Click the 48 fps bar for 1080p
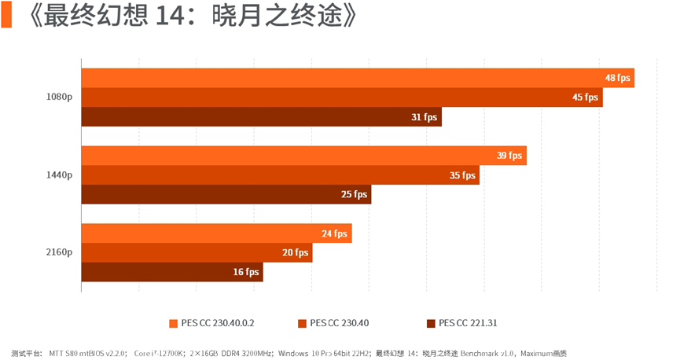tap(358, 78)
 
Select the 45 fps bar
tap(342, 97)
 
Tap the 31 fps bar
tap(262, 117)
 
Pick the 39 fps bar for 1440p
tap(304, 156)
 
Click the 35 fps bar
tap(281, 175)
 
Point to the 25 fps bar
tap(226, 194)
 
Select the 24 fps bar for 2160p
tap(216, 233)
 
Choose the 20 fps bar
tap(197, 253)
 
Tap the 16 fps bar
tap(172, 272)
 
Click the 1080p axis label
tap(59, 97)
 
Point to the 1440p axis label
tap(59, 175)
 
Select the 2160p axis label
tap(59, 253)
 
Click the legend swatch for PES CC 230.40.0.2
tap(173, 323)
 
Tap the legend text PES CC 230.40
tap(339, 323)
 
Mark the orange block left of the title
tap(6, 17)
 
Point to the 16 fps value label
tap(246, 272)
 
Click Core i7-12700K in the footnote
tap(159, 354)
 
